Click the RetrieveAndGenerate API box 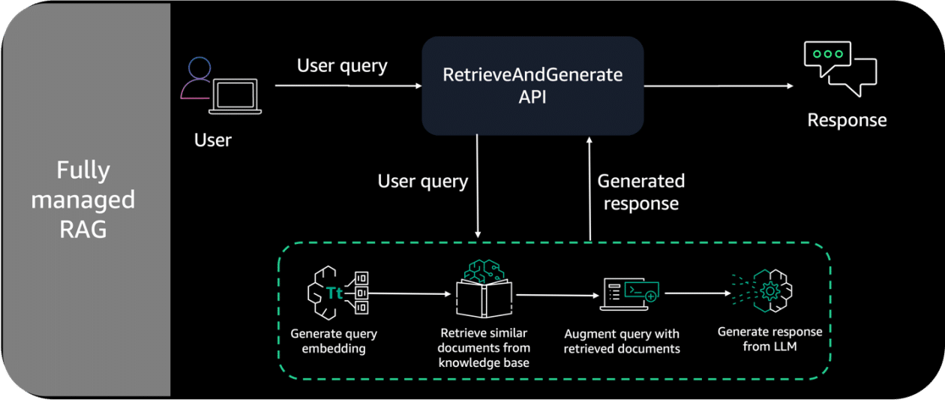pos(532,86)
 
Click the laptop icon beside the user pos(235,96)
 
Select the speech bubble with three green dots pos(827,59)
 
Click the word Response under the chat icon pos(847,120)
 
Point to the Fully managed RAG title pos(83,200)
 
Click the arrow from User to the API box pos(349,86)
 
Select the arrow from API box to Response pos(718,86)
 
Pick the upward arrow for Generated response pos(589,189)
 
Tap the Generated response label pos(640,192)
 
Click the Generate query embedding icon pos(337,293)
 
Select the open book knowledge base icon pos(484,289)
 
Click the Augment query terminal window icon pos(629,294)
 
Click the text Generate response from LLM pos(770,338)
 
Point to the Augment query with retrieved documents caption pos(622,341)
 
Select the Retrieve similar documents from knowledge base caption pos(484,347)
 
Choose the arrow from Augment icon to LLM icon pos(697,293)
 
